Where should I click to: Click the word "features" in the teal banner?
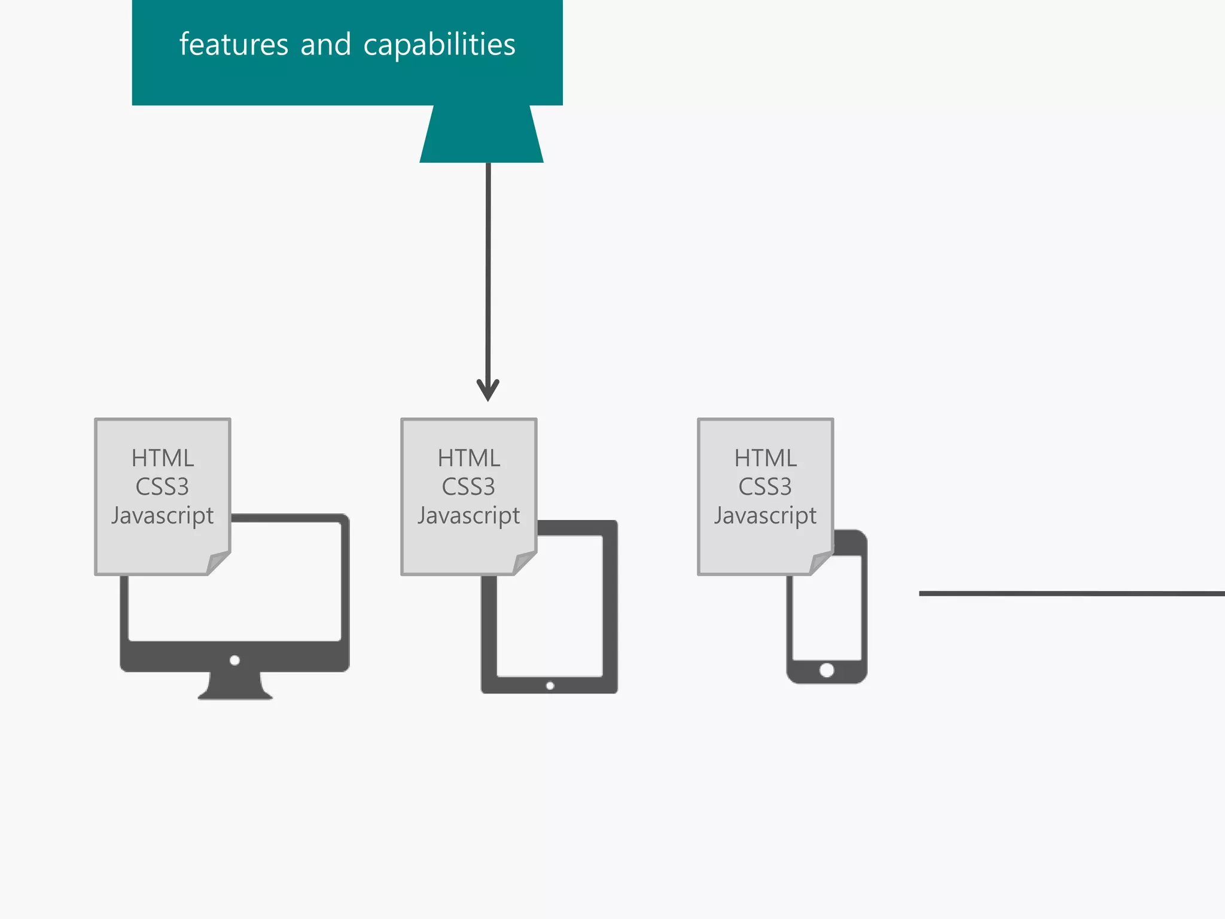[234, 45]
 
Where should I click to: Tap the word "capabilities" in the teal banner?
[439, 45]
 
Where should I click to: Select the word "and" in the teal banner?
[325, 45]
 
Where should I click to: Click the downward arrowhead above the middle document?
[488, 390]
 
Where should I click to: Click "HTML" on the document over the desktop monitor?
[163, 458]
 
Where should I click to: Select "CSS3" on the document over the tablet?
[468, 487]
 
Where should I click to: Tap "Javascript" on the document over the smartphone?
[765, 516]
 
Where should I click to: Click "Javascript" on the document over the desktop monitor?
[163, 516]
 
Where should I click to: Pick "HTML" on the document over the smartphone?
[765, 458]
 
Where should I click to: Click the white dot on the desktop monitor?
[234, 661]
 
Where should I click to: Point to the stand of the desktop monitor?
[235, 686]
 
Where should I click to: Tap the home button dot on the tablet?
[550, 686]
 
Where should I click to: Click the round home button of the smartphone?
[827, 670]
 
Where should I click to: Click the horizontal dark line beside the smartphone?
[1071, 594]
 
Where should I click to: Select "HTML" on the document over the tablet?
[468, 458]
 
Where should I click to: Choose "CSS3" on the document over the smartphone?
[765, 487]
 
